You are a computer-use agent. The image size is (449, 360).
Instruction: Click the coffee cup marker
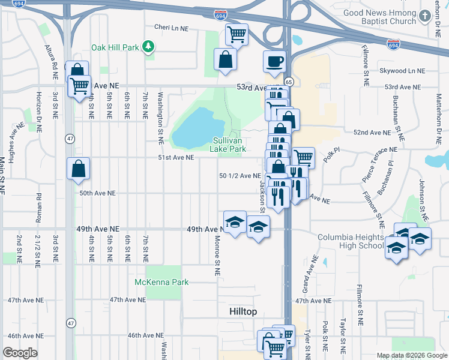(x=275, y=62)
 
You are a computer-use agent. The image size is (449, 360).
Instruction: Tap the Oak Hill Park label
(x=115, y=47)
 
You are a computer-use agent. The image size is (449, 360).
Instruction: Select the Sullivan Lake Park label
(x=229, y=144)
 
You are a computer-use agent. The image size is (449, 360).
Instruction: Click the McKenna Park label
(x=161, y=282)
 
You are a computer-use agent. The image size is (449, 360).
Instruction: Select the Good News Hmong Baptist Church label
(x=380, y=17)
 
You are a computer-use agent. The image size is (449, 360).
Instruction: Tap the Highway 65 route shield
(x=289, y=81)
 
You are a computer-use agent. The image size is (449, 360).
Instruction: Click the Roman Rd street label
(x=38, y=208)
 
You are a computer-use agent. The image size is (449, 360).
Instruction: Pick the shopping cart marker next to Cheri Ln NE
(x=237, y=35)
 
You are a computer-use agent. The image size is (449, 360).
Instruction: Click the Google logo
(x=20, y=353)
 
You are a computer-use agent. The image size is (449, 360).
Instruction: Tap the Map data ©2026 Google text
(x=411, y=355)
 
